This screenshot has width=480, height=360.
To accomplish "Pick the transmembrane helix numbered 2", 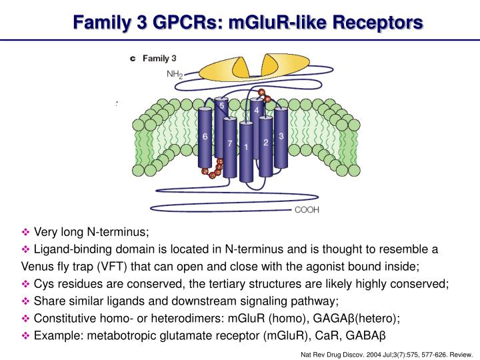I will click(x=265, y=143).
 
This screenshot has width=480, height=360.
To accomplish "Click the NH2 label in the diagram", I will click(x=174, y=75).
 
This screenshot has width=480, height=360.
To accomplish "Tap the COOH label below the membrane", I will click(x=307, y=210).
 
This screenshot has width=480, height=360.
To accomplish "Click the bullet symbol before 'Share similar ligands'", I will click(x=27, y=301).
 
